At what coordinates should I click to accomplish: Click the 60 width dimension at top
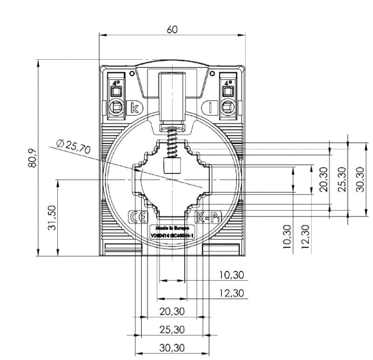click(x=172, y=29)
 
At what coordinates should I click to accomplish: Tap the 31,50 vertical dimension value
click(x=52, y=217)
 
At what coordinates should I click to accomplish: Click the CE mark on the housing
click(x=138, y=217)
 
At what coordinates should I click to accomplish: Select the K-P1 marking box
click(x=206, y=217)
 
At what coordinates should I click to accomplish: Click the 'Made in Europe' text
click(x=172, y=229)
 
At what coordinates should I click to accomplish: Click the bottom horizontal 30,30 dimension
click(x=172, y=348)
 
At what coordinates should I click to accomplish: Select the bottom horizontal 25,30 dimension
click(x=172, y=330)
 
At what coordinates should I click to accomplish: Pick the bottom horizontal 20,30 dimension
click(x=172, y=312)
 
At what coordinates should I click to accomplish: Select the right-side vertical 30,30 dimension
click(x=359, y=179)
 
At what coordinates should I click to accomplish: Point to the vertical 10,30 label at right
click(x=287, y=236)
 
